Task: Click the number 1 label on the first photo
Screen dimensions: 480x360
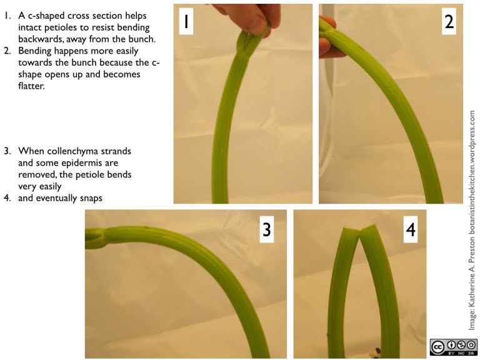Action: tap(186, 22)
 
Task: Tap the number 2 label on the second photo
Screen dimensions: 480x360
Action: tap(449, 22)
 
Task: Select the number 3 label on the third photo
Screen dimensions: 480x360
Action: tap(267, 229)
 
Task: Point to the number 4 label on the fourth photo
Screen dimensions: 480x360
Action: tap(411, 229)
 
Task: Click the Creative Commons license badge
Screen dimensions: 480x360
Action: tap(453, 347)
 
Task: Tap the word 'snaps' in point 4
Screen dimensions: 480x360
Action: tap(91, 198)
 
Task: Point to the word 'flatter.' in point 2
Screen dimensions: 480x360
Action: tap(31, 86)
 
